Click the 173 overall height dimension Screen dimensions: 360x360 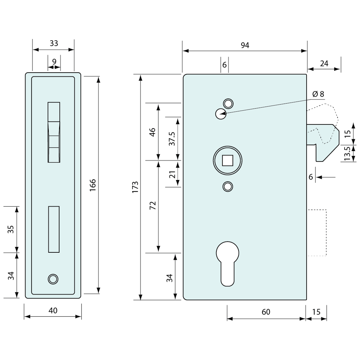(135, 187)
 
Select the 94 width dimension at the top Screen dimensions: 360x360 (245, 45)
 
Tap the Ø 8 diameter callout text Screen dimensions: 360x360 (318, 94)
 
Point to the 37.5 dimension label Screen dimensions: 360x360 (171, 139)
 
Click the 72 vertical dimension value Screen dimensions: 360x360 (153, 206)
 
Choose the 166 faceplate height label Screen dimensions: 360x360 (93, 185)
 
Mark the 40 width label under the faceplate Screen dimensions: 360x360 (53, 310)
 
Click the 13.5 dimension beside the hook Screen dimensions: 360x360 (347, 153)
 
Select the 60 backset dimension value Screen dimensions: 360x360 (266, 312)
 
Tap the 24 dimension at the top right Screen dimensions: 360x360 (324, 63)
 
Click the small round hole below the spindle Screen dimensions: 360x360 (227, 187)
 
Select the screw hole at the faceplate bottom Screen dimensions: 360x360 (53, 279)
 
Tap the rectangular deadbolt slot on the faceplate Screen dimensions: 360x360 (54, 229)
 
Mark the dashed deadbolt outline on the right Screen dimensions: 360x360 (317, 232)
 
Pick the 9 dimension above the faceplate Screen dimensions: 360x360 (54, 61)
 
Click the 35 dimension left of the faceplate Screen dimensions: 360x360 (11, 229)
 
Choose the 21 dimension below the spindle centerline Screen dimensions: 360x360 (172, 174)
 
